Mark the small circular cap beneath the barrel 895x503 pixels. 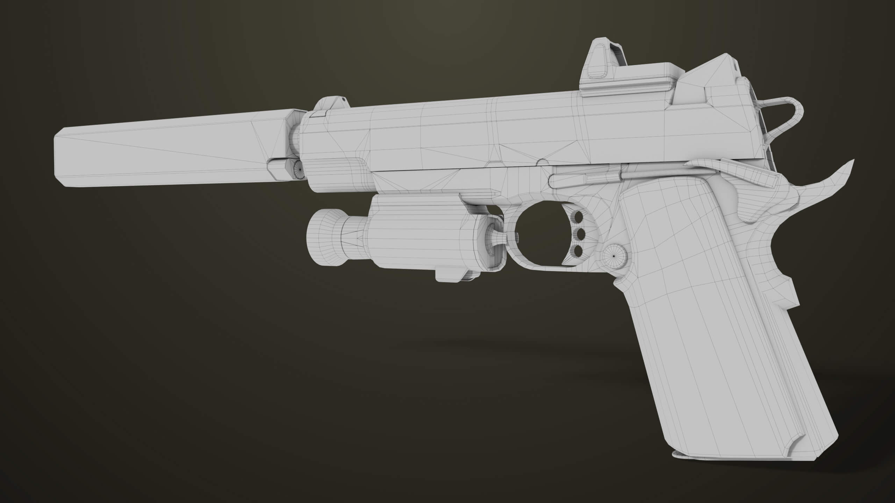tap(299, 169)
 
